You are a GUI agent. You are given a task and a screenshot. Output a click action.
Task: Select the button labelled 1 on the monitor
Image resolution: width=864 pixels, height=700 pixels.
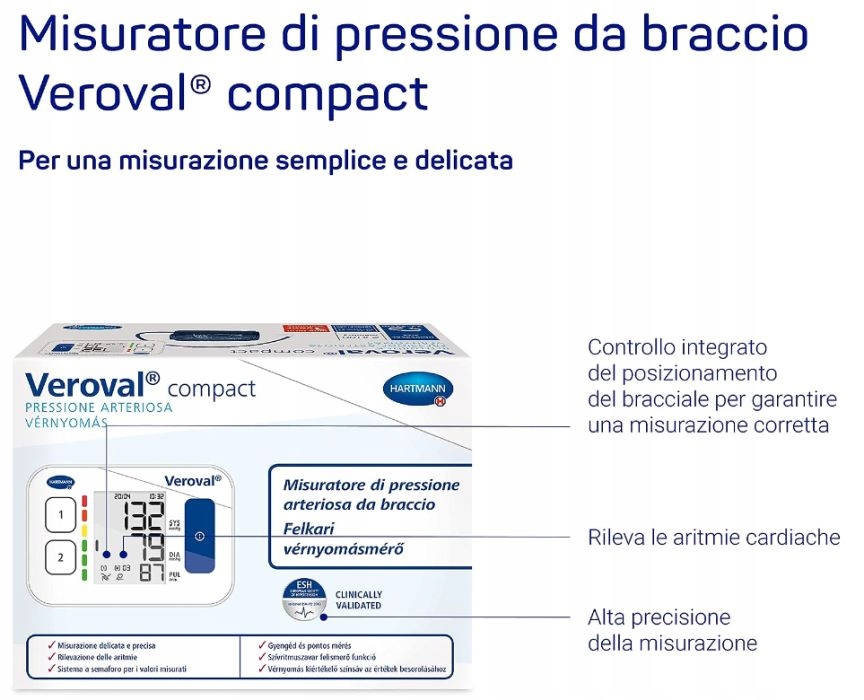point(61,516)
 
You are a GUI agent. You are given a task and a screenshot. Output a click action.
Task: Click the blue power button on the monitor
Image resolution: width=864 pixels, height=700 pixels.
point(199,536)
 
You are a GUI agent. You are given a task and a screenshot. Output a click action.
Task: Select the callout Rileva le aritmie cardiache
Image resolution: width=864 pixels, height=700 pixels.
point(713,538)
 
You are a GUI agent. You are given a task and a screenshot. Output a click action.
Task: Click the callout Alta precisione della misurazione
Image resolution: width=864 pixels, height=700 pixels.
point(672,630)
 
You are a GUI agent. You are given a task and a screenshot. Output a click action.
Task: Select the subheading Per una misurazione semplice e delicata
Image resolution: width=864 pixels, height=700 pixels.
point(265,160)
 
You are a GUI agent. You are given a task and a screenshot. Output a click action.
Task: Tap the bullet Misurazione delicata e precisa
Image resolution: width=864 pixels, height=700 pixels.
point(106,646)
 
